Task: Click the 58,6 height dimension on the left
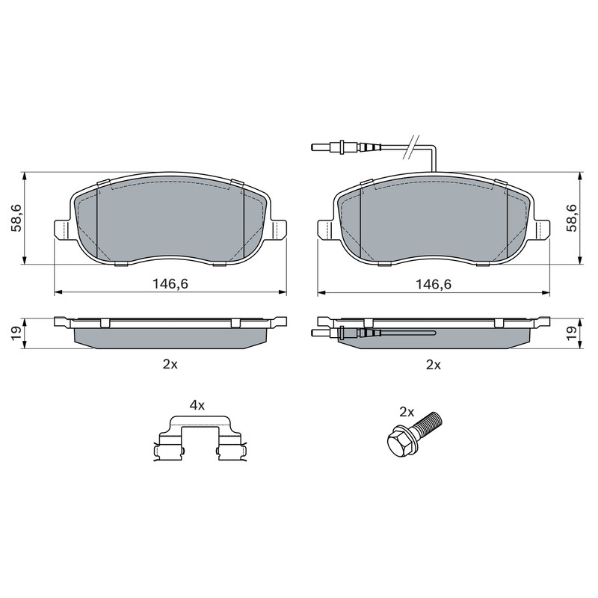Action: point(17,218)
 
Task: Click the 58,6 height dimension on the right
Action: point(573,218)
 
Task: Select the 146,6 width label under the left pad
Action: point(170,284)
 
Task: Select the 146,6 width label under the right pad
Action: point(434,284)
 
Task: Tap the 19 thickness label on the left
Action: point(17,333)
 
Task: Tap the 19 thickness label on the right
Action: point(573,333)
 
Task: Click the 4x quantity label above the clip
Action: point(197,405)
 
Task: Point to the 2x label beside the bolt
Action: point(407,412)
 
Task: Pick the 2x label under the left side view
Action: point(170,365)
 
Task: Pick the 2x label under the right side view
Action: point(434,365)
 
